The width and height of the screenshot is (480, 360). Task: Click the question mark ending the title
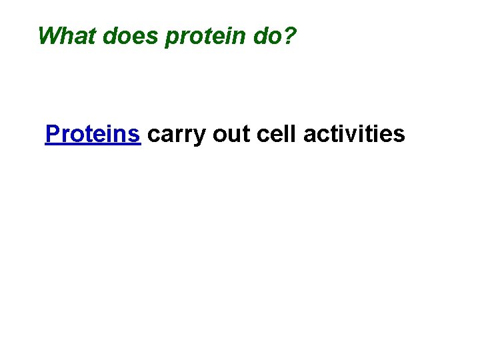point(289,35)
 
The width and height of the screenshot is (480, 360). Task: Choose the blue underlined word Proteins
point(93,134)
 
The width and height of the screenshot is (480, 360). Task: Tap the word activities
point(354,134)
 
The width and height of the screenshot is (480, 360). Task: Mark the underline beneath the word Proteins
point(93,144)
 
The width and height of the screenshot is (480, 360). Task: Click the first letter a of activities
point(309,135)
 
